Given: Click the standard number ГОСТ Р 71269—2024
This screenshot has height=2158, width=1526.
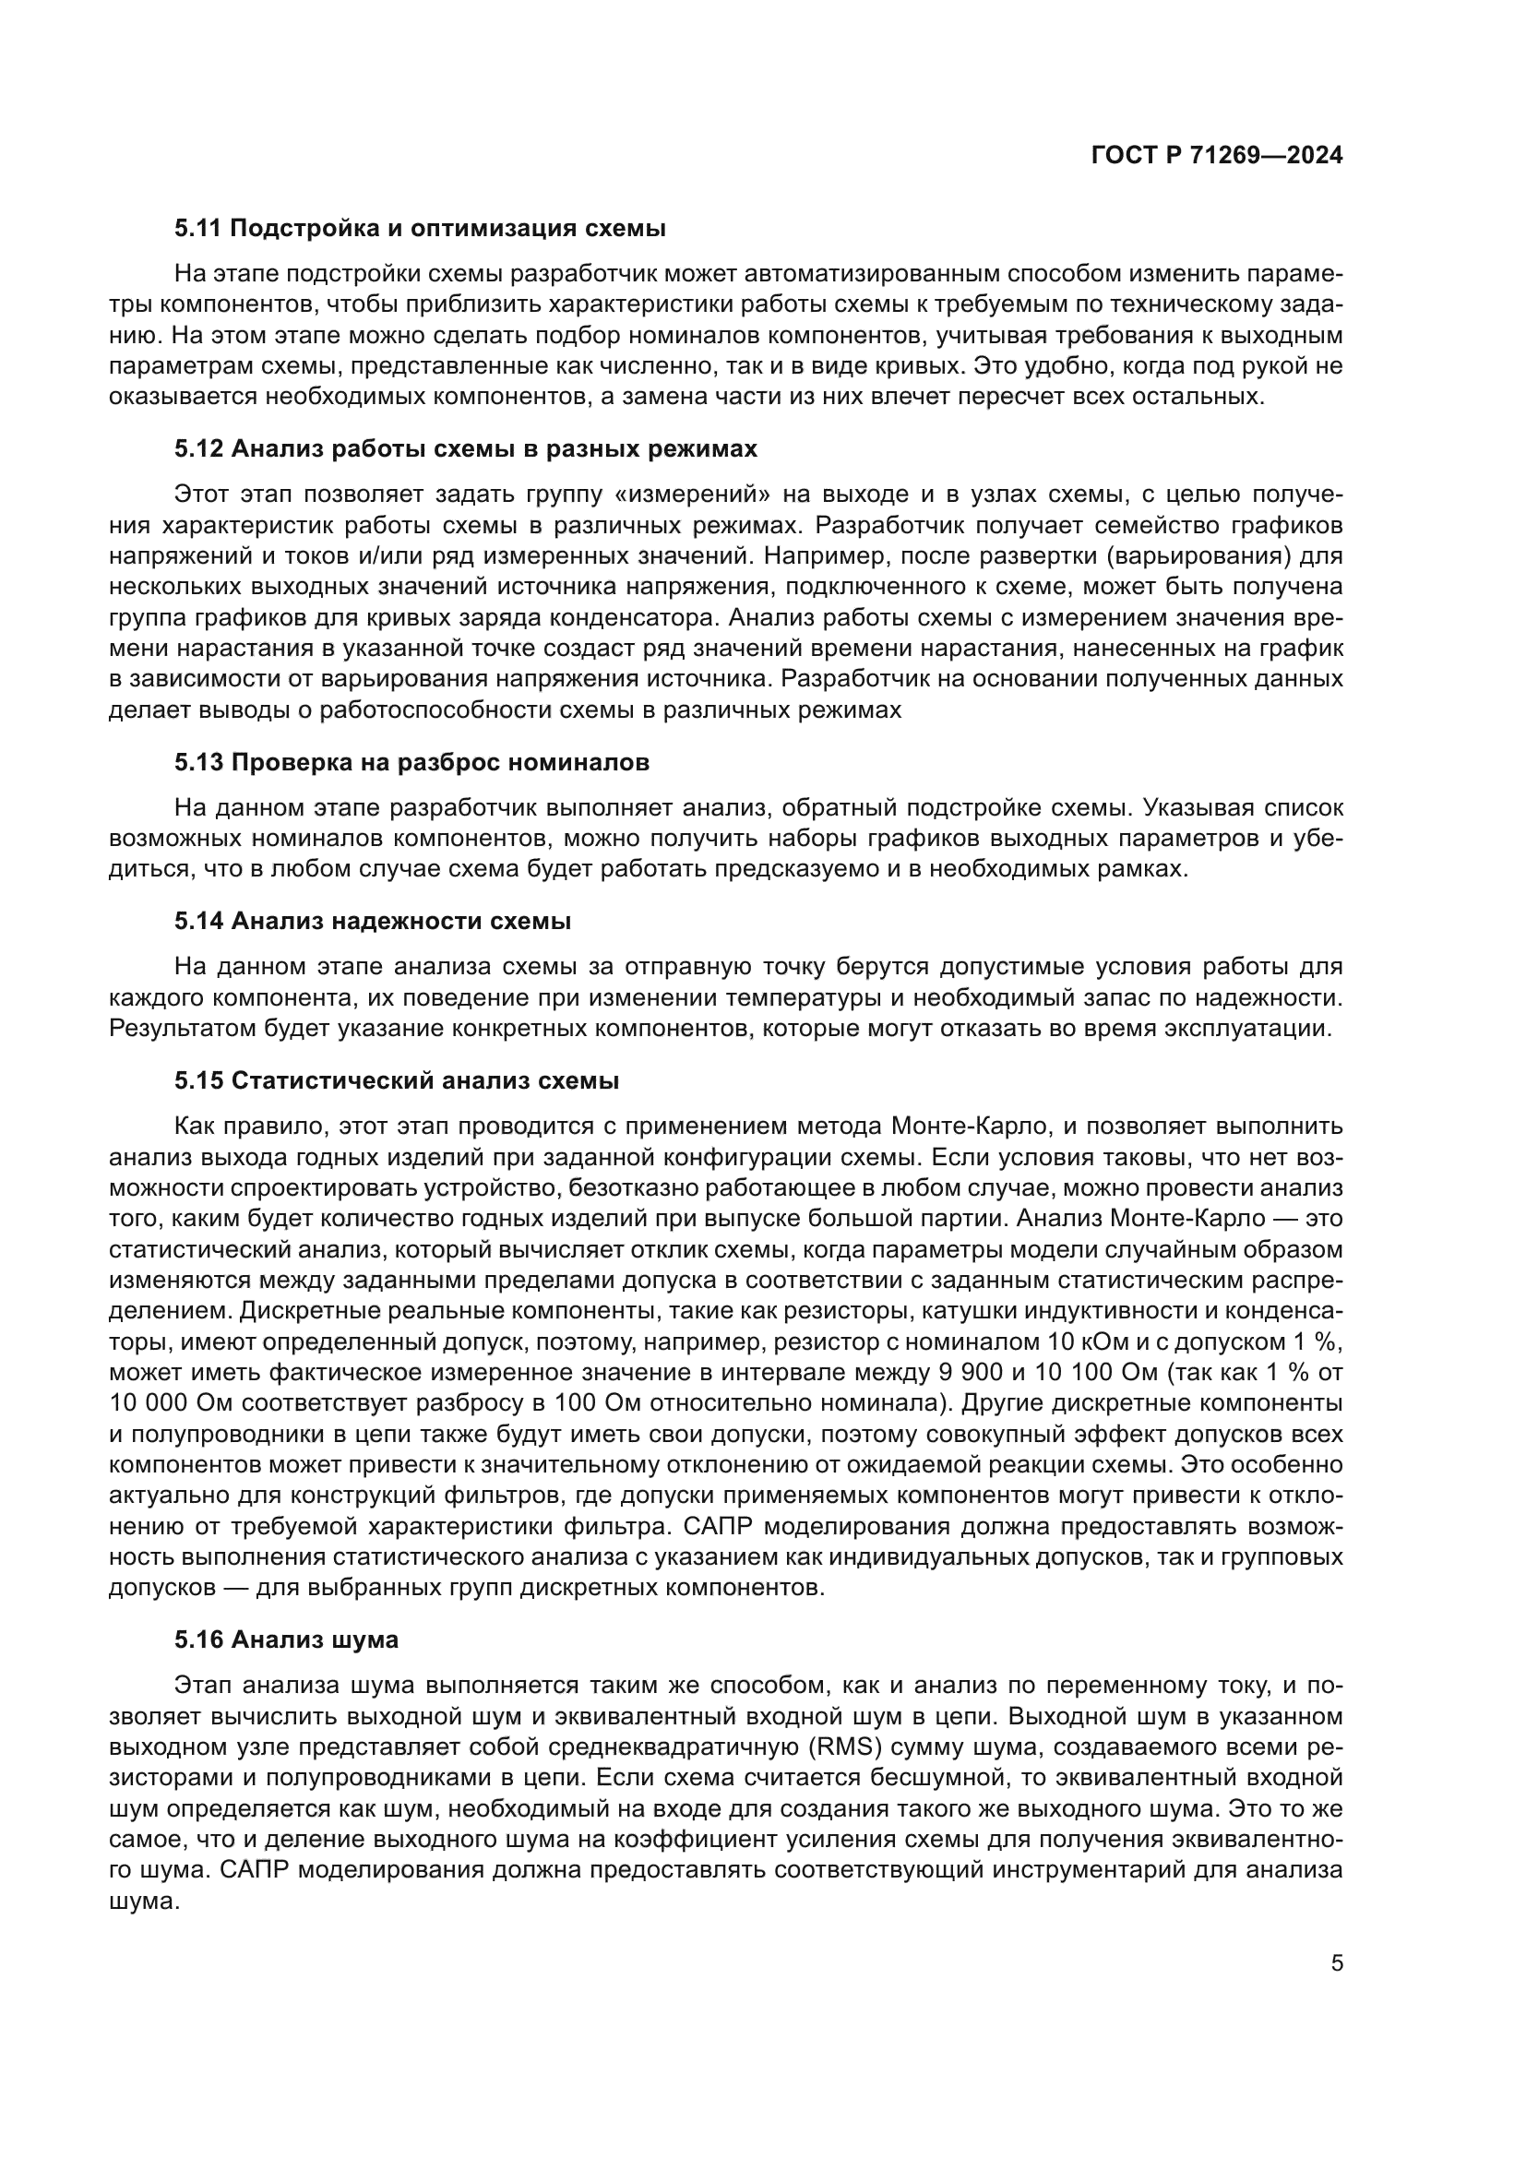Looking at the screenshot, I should pyautogui.click(x=1217, y=156).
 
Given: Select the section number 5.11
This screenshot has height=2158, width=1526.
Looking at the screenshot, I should pyautogui.click(x=198, y=229).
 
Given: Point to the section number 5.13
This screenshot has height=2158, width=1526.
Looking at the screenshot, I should pyautogui.click(x=198, y=762).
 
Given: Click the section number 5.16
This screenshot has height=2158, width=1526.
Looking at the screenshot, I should pyautogui.click(x=198, y=1640).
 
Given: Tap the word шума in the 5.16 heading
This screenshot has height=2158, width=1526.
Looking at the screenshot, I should pyautogui.click(x=370, y=1640).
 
